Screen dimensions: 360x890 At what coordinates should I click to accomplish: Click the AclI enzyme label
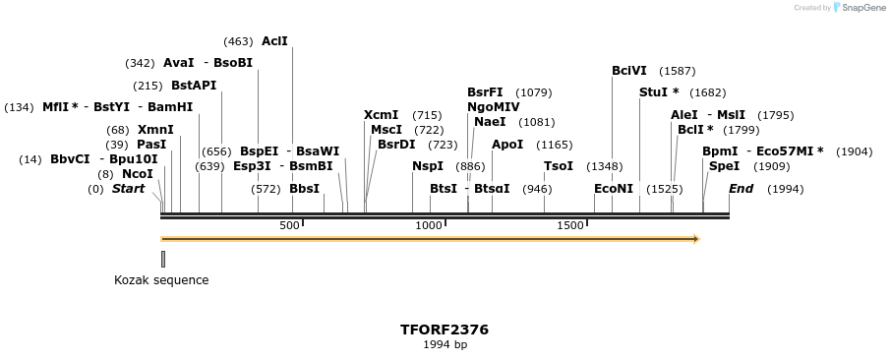pyautogui.click(x=274, y=41)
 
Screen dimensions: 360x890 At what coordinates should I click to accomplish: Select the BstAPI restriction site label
pyautogui.click(x=194, y=86)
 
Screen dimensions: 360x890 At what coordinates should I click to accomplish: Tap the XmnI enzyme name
pyautogui.click(x=155, y=130)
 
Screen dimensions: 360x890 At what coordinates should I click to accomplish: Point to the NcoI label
pyautogui.click(x=138, y=174)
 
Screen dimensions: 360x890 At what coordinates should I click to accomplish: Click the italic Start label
pyautogui.click(x=128, y=189)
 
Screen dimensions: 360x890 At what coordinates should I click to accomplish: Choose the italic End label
pyautogui.click(x=742, y=189)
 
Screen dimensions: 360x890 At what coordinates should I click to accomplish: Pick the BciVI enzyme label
pyautogui.click(x=629, y=71)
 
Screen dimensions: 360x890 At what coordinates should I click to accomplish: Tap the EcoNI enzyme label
pyautogui.click(x=614, y=189)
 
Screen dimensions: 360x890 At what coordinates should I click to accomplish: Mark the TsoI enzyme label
pyautogui.click(x=559, y=166)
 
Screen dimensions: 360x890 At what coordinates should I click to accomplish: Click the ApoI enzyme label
pyautogui.click(x=507, y=145)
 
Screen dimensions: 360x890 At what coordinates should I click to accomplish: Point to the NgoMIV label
pyautogui.click(x=494, y=107)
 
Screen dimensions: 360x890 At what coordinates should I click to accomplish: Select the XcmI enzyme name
pyautogui.click(x=382, y=115)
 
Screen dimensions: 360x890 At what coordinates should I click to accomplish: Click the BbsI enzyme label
pyautogui.click(x=305, y=189)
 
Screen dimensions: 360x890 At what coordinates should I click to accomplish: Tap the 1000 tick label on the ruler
pyautogui.click(x=430, y=226)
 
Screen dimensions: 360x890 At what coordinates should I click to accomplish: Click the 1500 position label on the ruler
pyautogui.click(x=571, y=226)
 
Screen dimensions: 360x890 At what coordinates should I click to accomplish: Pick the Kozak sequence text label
pyautogui.click(x=161, y=280)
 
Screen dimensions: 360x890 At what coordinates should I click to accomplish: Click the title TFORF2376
pyautogui.click(x=445, y=330)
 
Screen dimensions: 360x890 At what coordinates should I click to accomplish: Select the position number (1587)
pyautogui.click(x=678, y=71)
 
